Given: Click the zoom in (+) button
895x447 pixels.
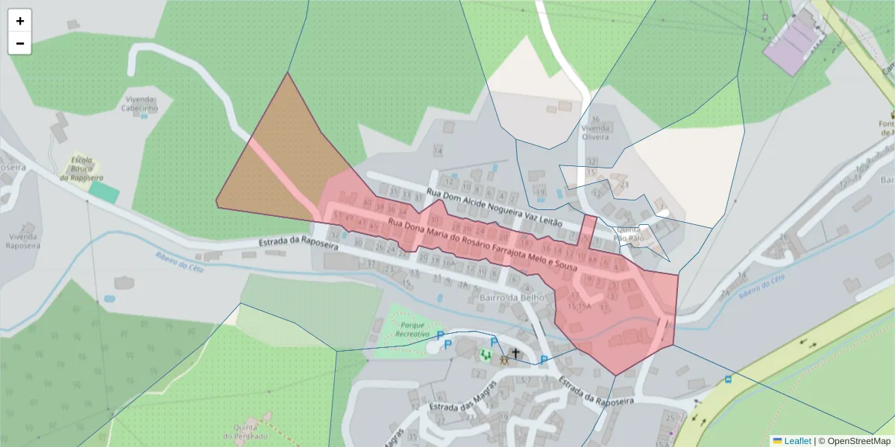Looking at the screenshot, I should tap(20, 21).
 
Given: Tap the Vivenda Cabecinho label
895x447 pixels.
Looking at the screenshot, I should tap(140, 103).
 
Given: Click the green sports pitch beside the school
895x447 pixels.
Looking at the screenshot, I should tap(104, 191).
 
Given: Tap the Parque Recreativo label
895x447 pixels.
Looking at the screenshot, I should tap(412, 330).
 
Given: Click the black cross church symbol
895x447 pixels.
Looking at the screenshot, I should tap(515, 352).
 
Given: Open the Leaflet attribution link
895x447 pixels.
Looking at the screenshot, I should tap(797, 440).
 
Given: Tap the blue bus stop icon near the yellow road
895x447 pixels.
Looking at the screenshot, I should tap(728, 378).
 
